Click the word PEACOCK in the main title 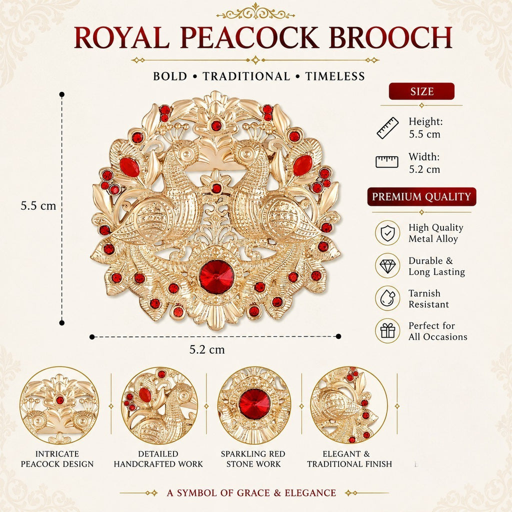(x=249, y=37)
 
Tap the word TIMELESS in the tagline (x=335, y=76)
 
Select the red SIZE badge (x=421, y=91)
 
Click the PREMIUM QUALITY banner (x=421, y=196)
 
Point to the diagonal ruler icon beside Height (x=387, y=128)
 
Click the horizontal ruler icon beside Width (x=387, y=161)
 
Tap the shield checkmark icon (x=387, y=233)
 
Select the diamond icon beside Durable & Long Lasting (x=387, y=265)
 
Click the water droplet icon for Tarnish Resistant (x=387, y=298)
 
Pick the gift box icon (x=387, y=330)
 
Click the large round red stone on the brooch (x=216, y=277)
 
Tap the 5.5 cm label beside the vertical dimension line (x=38, y=206)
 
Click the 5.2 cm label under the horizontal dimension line (x=207, y=349)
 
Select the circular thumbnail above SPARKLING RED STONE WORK (x=254, y=405)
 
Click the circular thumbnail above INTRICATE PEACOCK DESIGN (x=59, y=405)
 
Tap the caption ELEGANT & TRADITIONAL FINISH (x=349, y=459)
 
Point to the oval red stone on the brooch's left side (x=129, y=167)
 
